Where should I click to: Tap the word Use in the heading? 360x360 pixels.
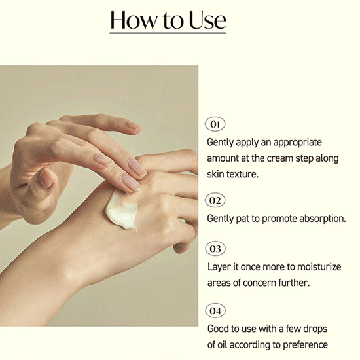click(x=207, y=20)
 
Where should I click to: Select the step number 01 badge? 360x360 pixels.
click(x=215, y=124)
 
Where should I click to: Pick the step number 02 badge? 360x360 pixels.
click(x=215, y=200)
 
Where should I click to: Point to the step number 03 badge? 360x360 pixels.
click(x=215, y=249)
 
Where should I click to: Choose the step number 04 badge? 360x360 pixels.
click(x=215, y=311)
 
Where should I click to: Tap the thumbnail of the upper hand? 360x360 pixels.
click(x=46, y=177)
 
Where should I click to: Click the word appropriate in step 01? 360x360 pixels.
click(x=297, y=143)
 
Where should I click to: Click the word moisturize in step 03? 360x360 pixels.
click(x=319, y=267)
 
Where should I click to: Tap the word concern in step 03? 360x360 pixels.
click(x=259, y=283)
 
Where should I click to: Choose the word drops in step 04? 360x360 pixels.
click(x=315, y=329)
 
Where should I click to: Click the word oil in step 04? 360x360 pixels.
click(x=223, y=345)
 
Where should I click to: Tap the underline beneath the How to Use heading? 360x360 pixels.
click(x=168, y=33)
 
